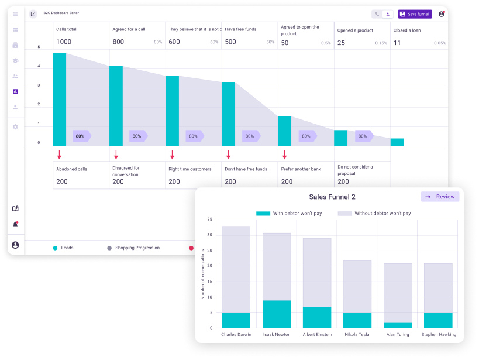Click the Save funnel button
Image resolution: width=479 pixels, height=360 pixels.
[415, 14]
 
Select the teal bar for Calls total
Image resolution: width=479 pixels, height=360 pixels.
[60, 100]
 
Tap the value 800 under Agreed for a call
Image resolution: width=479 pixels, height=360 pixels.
[118, 42]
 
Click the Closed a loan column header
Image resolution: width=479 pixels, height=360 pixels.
[408, 30]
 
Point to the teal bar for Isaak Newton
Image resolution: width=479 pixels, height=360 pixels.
[277, 314]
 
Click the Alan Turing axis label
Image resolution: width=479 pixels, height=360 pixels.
[398, 335]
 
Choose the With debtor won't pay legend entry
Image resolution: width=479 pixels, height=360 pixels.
[289, 214]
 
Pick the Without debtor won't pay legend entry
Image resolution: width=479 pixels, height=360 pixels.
[374, 214]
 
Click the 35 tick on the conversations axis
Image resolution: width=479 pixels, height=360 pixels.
[209, 220]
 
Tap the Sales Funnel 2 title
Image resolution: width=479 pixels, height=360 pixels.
[332, 197]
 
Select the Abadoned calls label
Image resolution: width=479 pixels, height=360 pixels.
[72, 169]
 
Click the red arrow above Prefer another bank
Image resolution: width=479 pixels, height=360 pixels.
[285, 155]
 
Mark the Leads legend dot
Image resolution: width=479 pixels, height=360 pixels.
[55, 248]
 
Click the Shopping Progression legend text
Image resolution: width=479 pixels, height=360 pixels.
[137, 248]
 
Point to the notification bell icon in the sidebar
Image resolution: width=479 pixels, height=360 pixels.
[15, 224]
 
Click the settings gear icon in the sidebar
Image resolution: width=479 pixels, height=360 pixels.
[15, 126]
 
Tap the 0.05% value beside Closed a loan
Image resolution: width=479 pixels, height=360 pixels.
[440, 43]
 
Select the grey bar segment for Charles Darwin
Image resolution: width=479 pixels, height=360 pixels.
[236, 269]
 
